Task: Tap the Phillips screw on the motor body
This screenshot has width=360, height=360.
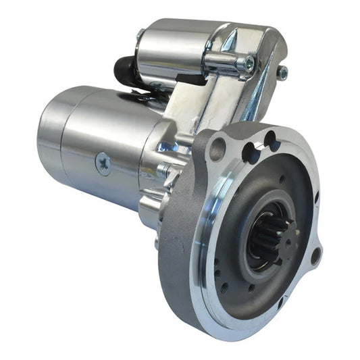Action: tap(103, 163)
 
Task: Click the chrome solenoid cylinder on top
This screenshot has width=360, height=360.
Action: tap(172, 47)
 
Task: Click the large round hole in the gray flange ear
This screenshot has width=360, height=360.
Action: tap(216, 149)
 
